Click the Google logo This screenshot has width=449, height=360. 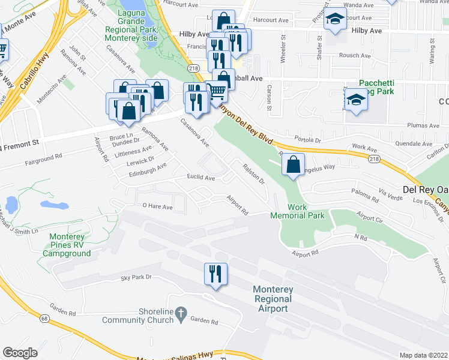pyautogui.click(x=20, y=353)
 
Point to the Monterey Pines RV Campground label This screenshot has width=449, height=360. pyautogui.click(x=67, y=245)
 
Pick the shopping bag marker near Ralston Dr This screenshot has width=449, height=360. pyautogui.click(x=293, y=165)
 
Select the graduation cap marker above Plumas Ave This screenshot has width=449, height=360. pyautogui.click(x=357, y=100)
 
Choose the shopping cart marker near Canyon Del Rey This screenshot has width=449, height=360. pyautogui.click(x=217, y=92)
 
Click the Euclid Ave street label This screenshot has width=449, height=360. pyautogui.click(x=200, y=178)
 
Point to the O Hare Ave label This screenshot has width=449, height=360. pyautogui.click(x=157, y=207)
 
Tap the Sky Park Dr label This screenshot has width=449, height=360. pyautogui.click(x=136, y=277)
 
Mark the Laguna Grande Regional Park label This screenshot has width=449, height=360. pyautogui.click(x=131, y=25)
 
